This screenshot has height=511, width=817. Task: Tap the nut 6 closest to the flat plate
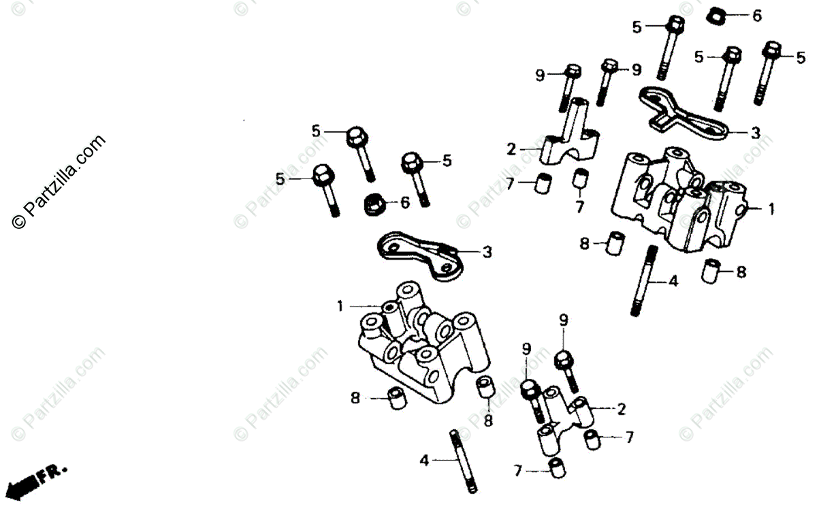pyautogui.click(x=374, y=202)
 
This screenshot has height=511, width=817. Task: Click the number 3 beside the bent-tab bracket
pyautogui.click(x=755, y=134)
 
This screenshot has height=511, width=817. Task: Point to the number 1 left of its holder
pyautogui.click(x=340, y=307)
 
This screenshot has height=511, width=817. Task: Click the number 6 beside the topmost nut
pyautogui.click(x=756, y=16)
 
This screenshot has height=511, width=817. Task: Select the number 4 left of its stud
pyautogui.click(x=424, y=461)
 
